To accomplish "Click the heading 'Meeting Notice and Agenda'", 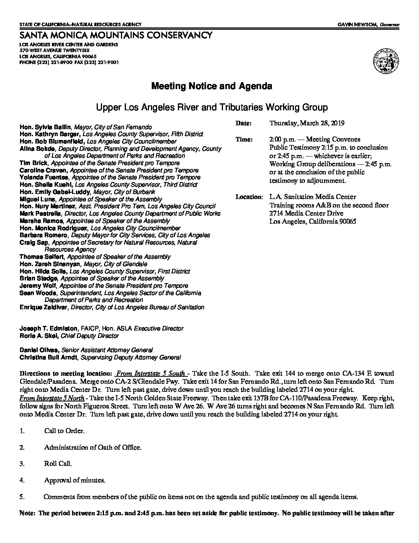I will tap(211, 86).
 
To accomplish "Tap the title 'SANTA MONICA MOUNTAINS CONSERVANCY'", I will tap(116, 35).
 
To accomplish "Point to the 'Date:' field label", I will tap(243, 123).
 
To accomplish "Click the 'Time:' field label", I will tap(244, 140).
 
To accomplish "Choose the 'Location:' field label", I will tap(249, 197).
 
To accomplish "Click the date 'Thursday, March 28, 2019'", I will tap(307, 123).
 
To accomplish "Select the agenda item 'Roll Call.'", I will tap(58, 464).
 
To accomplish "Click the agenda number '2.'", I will tap(22, 448).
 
